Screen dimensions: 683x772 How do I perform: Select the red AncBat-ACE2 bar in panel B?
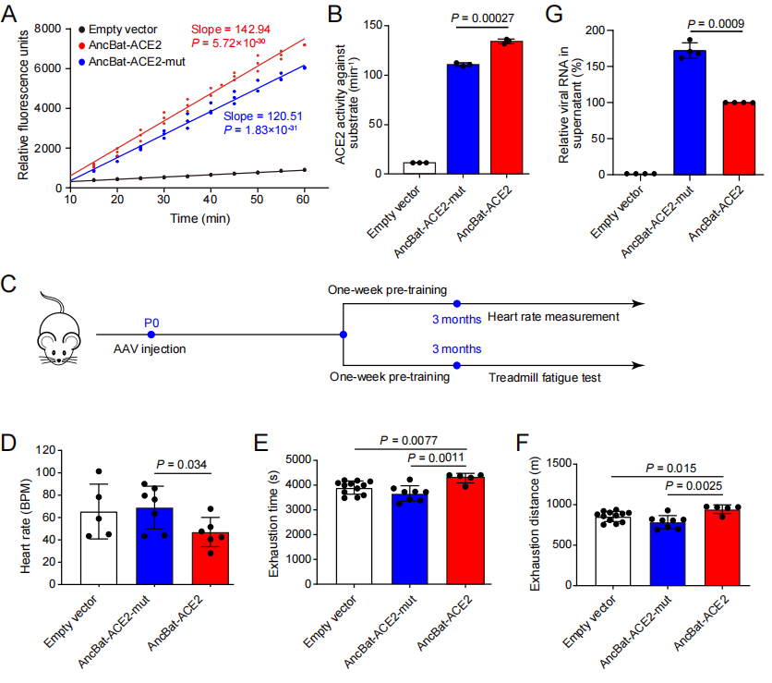pyautogui.click(x=506, y=107)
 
